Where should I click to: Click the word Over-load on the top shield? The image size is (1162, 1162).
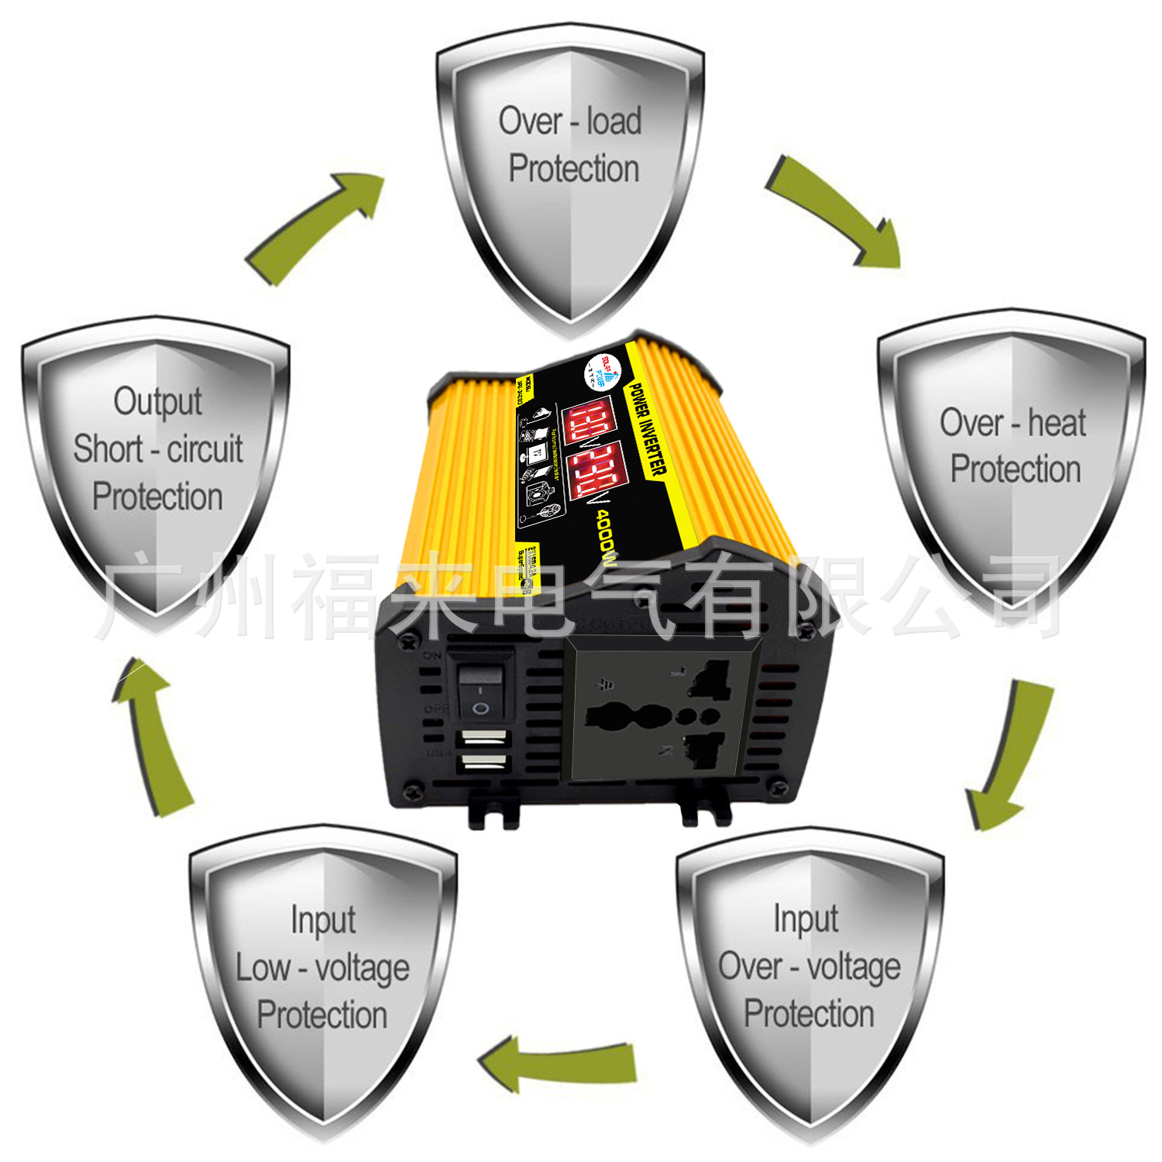[569, 122]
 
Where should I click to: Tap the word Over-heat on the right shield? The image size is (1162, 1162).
[1012, 423]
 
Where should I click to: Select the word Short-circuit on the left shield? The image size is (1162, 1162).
[158, 449]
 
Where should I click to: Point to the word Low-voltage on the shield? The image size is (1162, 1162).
[322, 968]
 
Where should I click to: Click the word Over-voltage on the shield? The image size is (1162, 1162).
[809, 967]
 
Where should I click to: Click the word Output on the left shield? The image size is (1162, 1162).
[158, 401]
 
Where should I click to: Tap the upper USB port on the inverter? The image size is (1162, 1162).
[484, 737]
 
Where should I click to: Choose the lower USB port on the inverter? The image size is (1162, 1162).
[484, 763]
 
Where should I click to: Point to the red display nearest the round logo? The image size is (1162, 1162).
[590, 422]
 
